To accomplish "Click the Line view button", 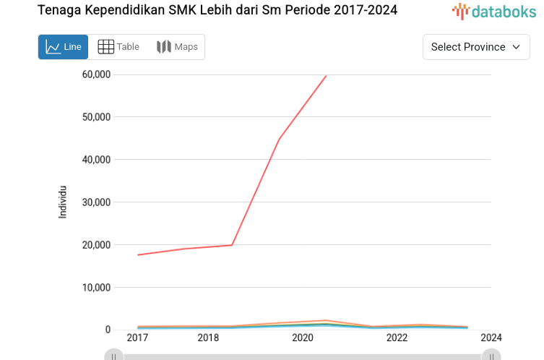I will [63, 47].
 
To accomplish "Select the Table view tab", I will [118, 47].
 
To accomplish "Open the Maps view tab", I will [177, 47].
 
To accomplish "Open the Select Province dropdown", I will [475, 47].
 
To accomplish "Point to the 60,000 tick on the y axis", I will [96, 74].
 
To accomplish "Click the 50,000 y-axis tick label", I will [96, 117].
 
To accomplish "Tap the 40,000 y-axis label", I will [96, 160].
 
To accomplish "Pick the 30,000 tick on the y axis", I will [96, 202].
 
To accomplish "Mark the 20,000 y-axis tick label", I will [96, 245].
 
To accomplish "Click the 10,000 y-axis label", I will [96, 288].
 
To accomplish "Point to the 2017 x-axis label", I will [137, 338].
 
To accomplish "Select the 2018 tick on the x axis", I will [208, 338].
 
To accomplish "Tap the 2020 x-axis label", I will [302, 338].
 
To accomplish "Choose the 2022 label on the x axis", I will [397, 338].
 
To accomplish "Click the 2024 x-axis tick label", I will [491, 338].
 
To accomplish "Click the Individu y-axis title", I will [63, 202].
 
